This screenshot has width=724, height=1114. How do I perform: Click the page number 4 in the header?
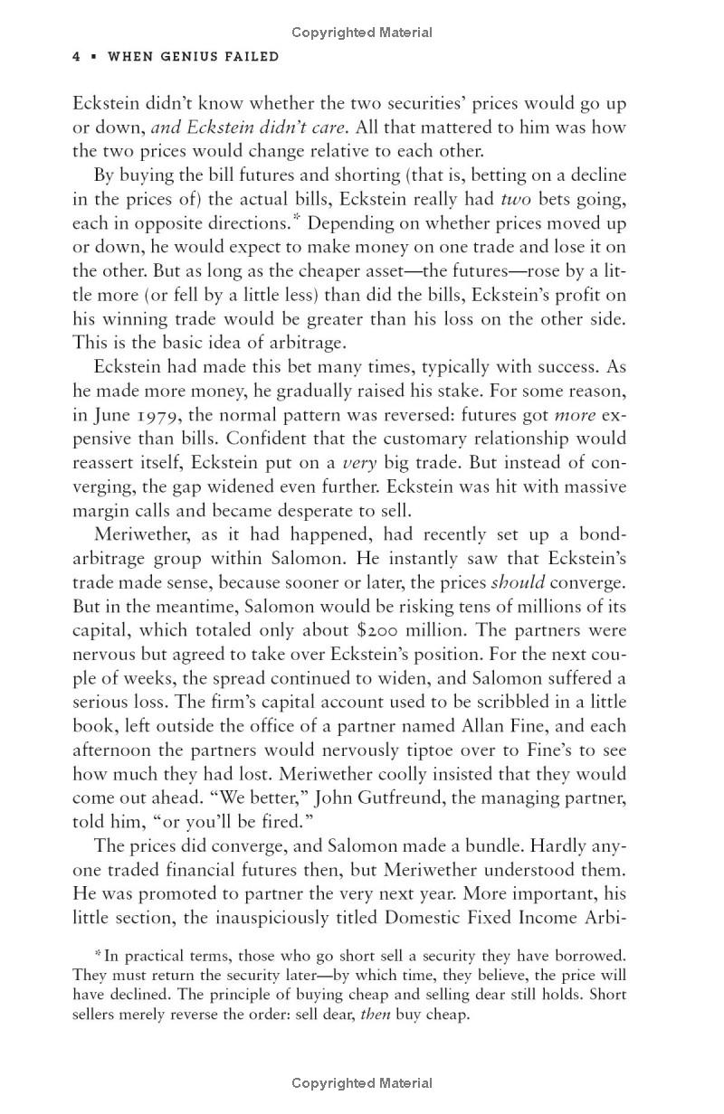pos(77,57)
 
